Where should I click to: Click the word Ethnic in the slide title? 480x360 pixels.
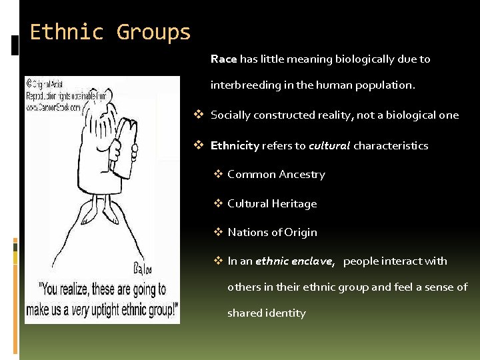tap(66, 32)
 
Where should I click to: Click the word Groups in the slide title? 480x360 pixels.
tap(153, 32)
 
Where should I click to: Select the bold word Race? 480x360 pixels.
tap(223, 59)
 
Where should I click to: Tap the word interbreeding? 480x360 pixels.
tap(243, 85)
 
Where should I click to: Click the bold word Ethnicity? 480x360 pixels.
tap(235, 145)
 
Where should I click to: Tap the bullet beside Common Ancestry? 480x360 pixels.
tap(218, 175)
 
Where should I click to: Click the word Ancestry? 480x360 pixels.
tap(303, 175)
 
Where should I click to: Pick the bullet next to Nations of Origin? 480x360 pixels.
tap(218, 232)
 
